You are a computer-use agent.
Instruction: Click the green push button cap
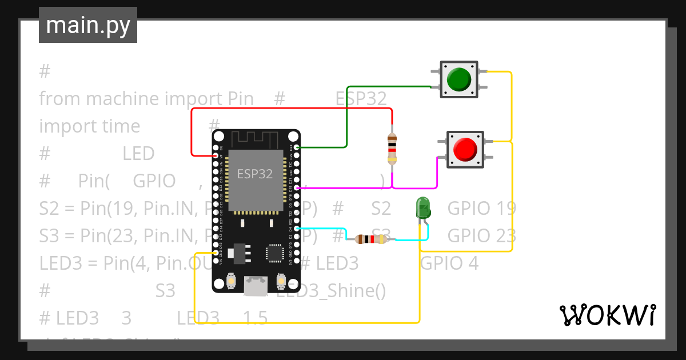(x=459, y=79)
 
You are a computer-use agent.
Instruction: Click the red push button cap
(x=464, y=149)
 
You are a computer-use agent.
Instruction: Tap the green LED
(x=423, y=207)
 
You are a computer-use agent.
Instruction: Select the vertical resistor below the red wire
(x=392, y=149)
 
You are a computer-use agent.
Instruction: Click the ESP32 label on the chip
(x=255, y=174)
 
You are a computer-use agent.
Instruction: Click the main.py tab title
(x=87, y=26)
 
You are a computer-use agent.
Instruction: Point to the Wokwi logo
(x=607, y=315)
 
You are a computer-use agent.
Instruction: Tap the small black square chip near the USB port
(x=274, y=253)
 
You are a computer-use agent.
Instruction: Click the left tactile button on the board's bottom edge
(x=232, y=281)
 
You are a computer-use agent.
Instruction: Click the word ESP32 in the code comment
(x=361, y=98)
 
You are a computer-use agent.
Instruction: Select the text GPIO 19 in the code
(x=481, y=208)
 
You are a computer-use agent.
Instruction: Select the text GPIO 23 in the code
(x=481, y=235)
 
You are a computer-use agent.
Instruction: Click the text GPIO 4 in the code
(x=449, y=263)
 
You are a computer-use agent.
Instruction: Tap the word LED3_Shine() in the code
(x=331, y=291)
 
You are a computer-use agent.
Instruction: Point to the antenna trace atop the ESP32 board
(x=256, y=138)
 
